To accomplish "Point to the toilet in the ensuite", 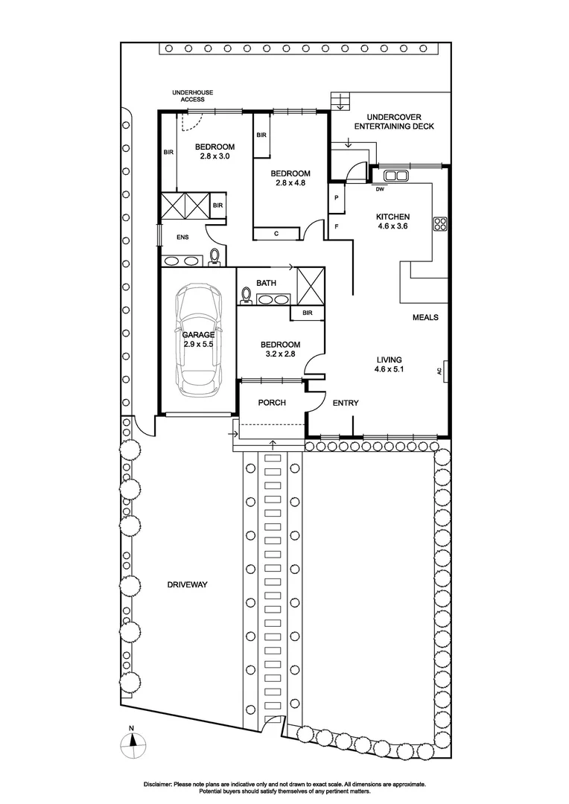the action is [215, 257].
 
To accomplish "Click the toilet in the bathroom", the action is [245, 296].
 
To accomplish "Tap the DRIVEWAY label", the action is [187, 585].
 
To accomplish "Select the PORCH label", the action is [272, 403].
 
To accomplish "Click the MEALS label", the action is [425, 317].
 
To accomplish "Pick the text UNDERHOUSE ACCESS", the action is [192, 95].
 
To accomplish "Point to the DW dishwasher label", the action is [380, 189].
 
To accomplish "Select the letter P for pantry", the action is [337, 198].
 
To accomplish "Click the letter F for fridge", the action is [337, 226].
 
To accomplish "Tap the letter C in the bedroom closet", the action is [276, 234].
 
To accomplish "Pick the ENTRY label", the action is [346, 403].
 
